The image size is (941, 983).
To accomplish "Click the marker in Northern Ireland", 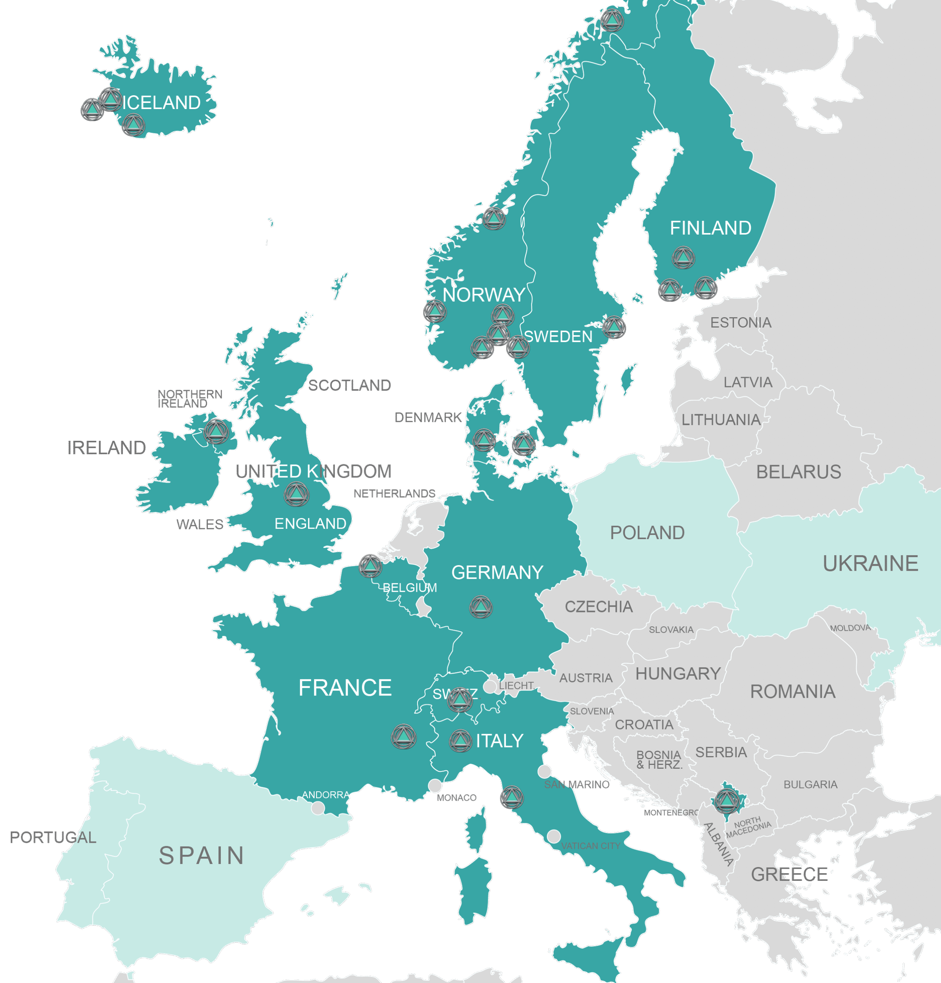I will click(x=216, y=431).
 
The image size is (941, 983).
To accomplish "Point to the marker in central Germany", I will click(x=481, y=607).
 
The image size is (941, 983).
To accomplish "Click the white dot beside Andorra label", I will click(x=318, y=808).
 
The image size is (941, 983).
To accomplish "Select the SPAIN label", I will click(x=202, y=856).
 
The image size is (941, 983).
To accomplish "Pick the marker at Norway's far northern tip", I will click(x=611, y=20).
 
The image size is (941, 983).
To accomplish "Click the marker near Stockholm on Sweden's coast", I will click(x=614, y=328).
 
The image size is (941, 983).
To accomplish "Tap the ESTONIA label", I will click(x=741, y=323).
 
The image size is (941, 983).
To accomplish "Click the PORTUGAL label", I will click(x=53, y=837).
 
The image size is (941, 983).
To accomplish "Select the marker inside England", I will click(x=297, y=494).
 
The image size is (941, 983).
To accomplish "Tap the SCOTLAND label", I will click(x=349, y=385).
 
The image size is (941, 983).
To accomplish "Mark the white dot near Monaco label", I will click(x=435, y=785).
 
